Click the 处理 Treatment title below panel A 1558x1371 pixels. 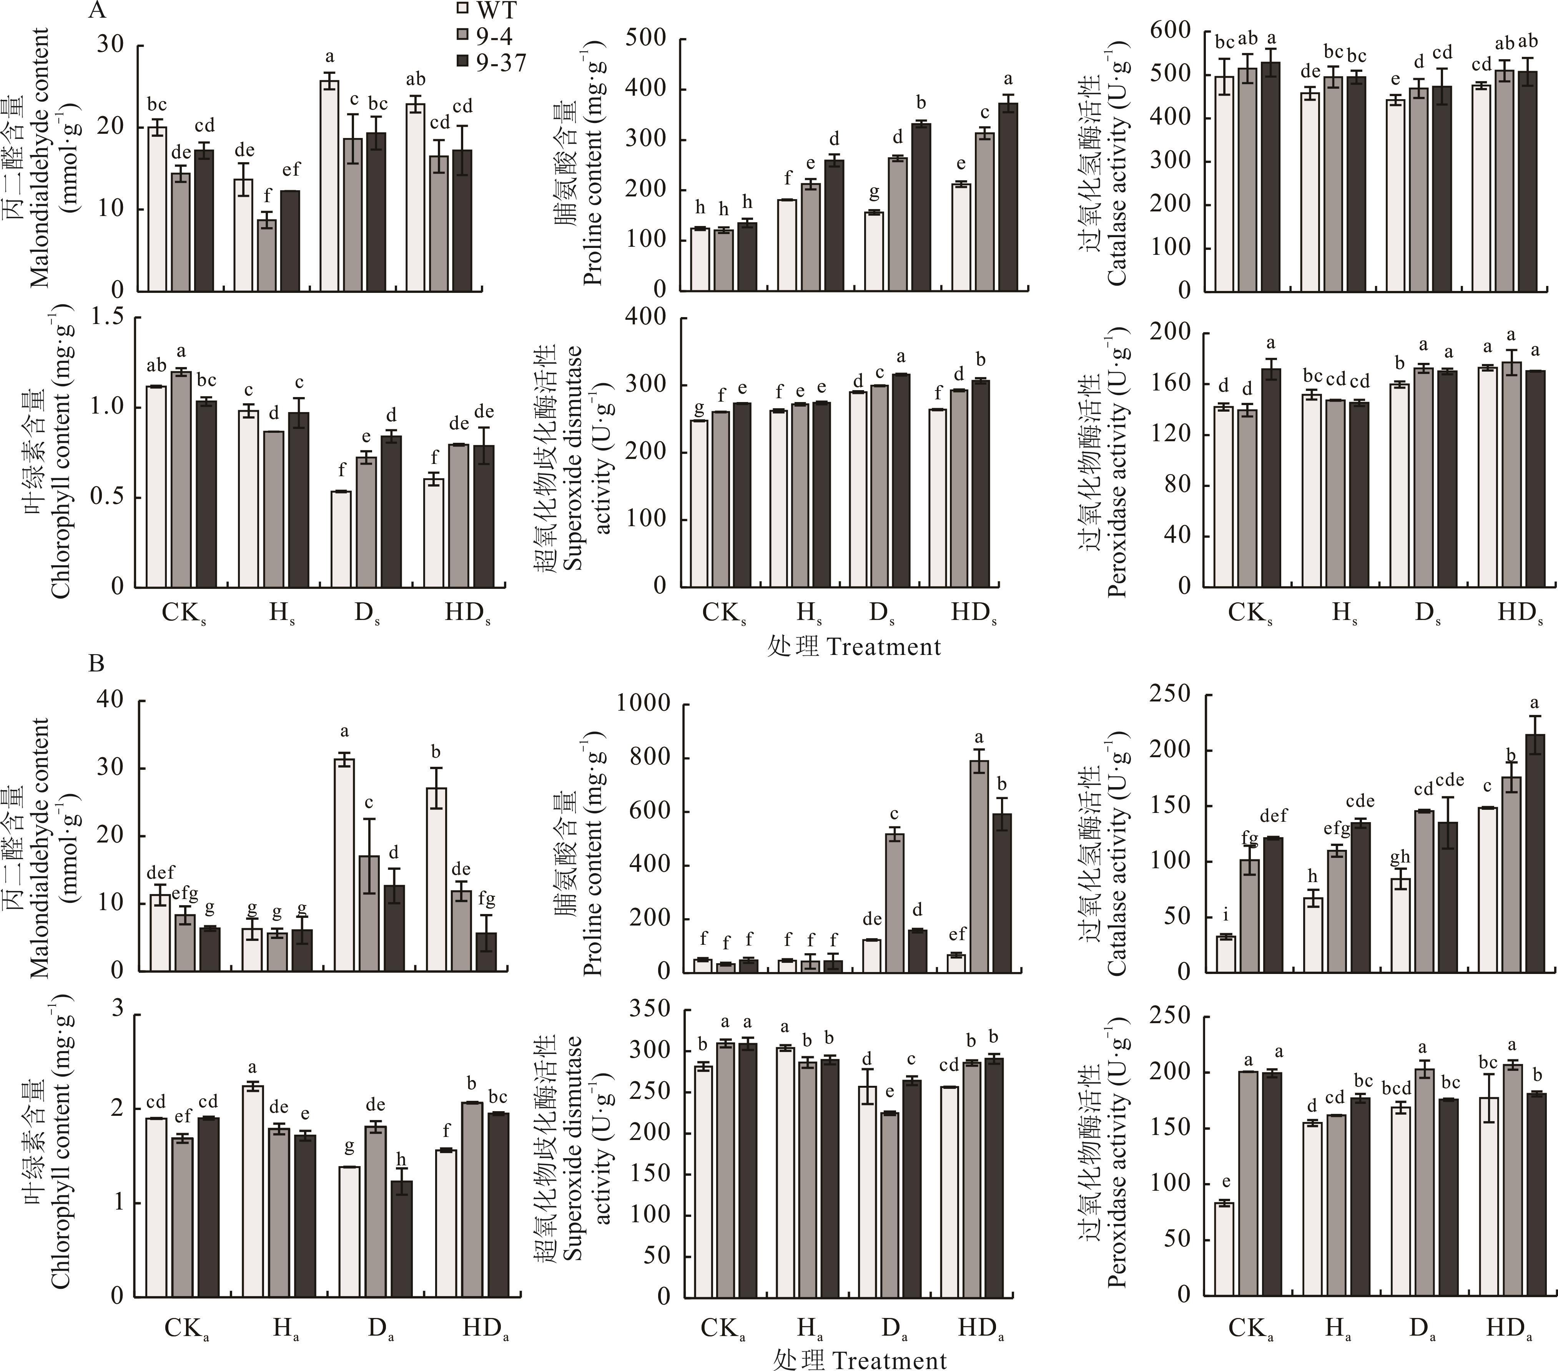click(854, 647)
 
